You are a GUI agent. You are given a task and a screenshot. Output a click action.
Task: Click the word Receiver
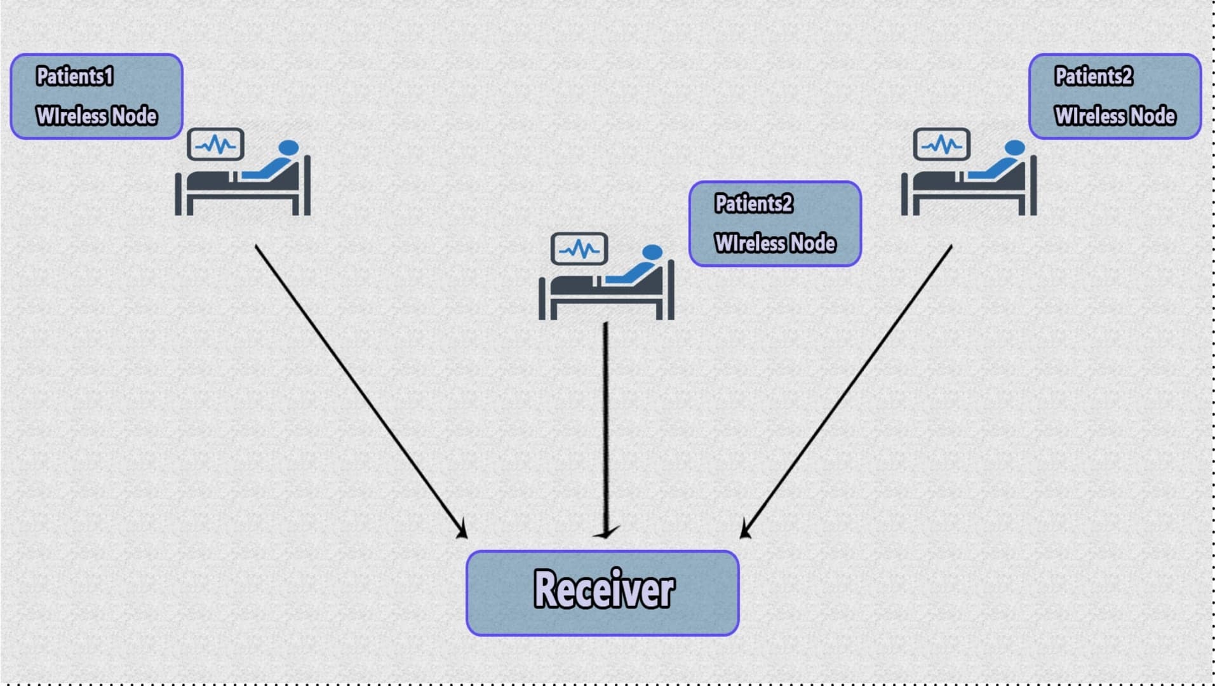(603, 589)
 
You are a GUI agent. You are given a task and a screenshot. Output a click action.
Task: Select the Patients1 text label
(75, 76)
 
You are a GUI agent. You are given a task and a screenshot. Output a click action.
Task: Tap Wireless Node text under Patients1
(97, 116)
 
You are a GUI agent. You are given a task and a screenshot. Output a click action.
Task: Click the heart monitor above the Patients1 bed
(216, 145)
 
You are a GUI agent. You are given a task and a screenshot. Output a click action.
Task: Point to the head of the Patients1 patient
(288, 147)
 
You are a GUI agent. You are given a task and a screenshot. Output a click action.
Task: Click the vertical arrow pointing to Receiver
(606, 426)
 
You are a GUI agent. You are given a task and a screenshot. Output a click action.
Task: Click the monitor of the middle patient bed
(579, 249)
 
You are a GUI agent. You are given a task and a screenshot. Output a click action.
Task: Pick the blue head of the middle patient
(652, 252)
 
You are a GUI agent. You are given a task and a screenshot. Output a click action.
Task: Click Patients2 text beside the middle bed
(753, 203)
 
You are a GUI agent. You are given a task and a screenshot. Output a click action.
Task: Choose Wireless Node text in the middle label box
(775, 243)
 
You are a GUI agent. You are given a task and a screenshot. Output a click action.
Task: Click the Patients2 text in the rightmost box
(1094, 76)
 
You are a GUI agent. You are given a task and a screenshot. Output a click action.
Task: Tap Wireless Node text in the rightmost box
(1115, 116)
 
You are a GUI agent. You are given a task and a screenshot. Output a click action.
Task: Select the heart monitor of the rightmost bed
(942, 145)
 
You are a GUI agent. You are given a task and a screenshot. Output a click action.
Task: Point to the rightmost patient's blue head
(1015, 147)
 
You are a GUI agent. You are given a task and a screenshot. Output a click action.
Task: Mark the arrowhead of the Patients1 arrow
(462, 530)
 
